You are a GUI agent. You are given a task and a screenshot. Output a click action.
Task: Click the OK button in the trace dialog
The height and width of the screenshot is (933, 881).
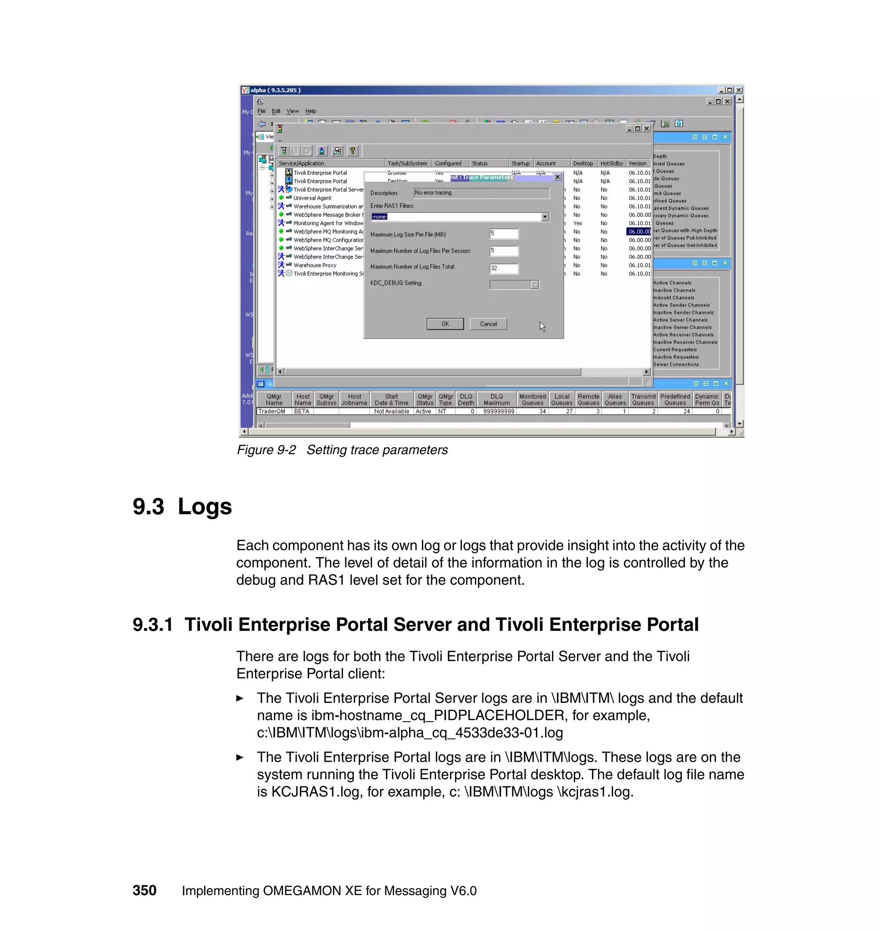coord(445,324)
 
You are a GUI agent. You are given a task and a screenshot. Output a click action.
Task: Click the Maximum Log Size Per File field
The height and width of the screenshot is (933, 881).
coord(503,234)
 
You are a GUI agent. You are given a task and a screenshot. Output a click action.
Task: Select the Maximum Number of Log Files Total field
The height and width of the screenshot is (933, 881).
coord(503,268)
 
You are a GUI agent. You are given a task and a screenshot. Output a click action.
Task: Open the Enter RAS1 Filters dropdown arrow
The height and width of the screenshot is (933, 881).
coord(545,217)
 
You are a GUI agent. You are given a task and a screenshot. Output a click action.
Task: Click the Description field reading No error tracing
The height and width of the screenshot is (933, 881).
coord(481,193)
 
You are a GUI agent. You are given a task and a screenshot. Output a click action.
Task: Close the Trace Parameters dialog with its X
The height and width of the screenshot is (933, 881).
coord(558,177)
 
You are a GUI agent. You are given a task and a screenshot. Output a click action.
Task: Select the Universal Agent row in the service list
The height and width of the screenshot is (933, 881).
coord(312,198)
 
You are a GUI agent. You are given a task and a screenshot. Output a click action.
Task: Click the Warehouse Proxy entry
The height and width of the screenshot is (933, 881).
coord(314,266)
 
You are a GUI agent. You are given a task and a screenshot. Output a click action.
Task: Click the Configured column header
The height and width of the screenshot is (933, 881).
coord(447,164)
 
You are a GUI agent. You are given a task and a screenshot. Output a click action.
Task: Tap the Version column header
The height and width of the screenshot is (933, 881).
coord(637,164)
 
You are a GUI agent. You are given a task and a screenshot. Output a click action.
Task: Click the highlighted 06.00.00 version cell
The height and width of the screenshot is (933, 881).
coord(639,232)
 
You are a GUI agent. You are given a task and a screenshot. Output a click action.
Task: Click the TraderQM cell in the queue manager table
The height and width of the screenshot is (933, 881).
coord(272,411)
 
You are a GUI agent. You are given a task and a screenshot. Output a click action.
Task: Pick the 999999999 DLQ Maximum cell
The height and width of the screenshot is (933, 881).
coord(498,411)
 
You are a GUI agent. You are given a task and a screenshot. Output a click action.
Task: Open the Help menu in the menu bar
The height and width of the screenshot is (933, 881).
coord(311,111)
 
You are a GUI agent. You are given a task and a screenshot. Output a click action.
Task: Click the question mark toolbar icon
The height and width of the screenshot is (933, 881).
coord(352,151)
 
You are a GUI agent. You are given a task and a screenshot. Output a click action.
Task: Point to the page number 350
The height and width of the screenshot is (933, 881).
coord(144,890)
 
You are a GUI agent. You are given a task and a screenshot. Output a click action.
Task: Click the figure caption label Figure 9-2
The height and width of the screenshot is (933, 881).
coord(266,450)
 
